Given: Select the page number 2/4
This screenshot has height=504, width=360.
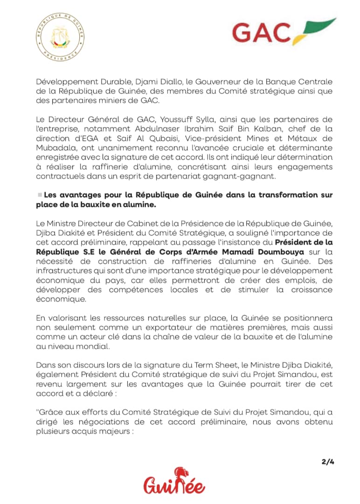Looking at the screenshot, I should [x=328, y=462].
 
